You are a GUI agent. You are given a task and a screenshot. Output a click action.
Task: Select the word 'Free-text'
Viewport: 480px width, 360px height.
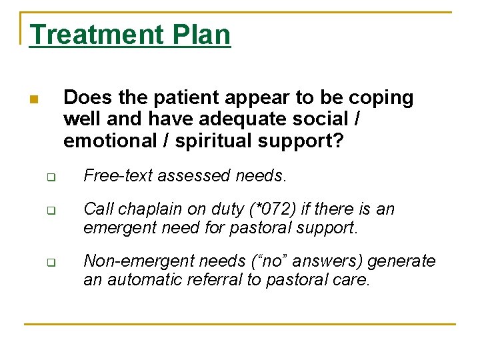tap(113, 176)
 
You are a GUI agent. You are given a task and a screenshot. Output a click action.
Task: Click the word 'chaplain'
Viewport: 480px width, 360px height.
tap(145, 209)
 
